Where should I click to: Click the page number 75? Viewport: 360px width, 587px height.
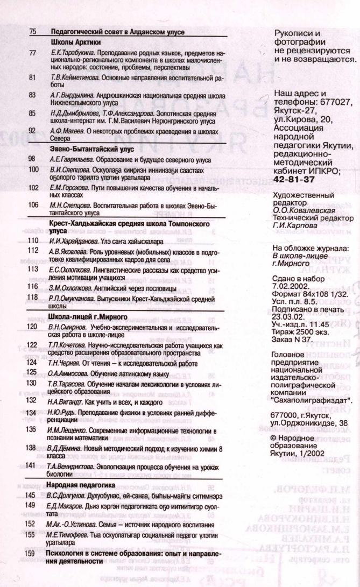point(32,32)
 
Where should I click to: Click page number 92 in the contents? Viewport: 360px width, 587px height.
point(32,130)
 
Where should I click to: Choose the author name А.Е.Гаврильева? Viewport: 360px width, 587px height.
point(71,159)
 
